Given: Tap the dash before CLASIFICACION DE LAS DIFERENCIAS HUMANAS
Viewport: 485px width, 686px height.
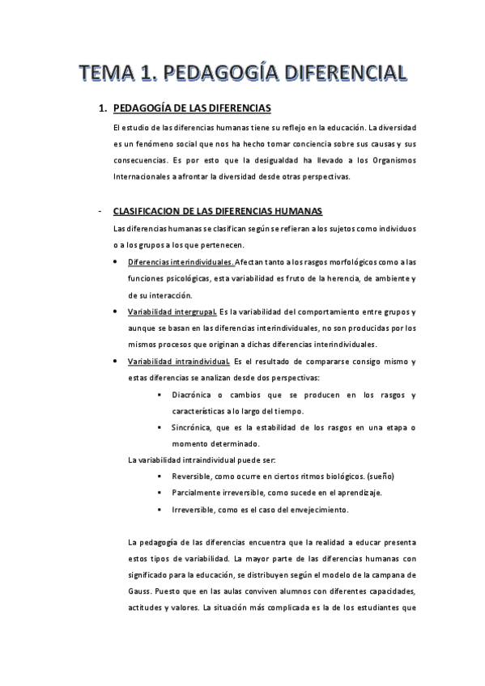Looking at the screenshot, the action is point(99,212).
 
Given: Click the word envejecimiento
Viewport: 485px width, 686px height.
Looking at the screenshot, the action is point(313,510).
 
